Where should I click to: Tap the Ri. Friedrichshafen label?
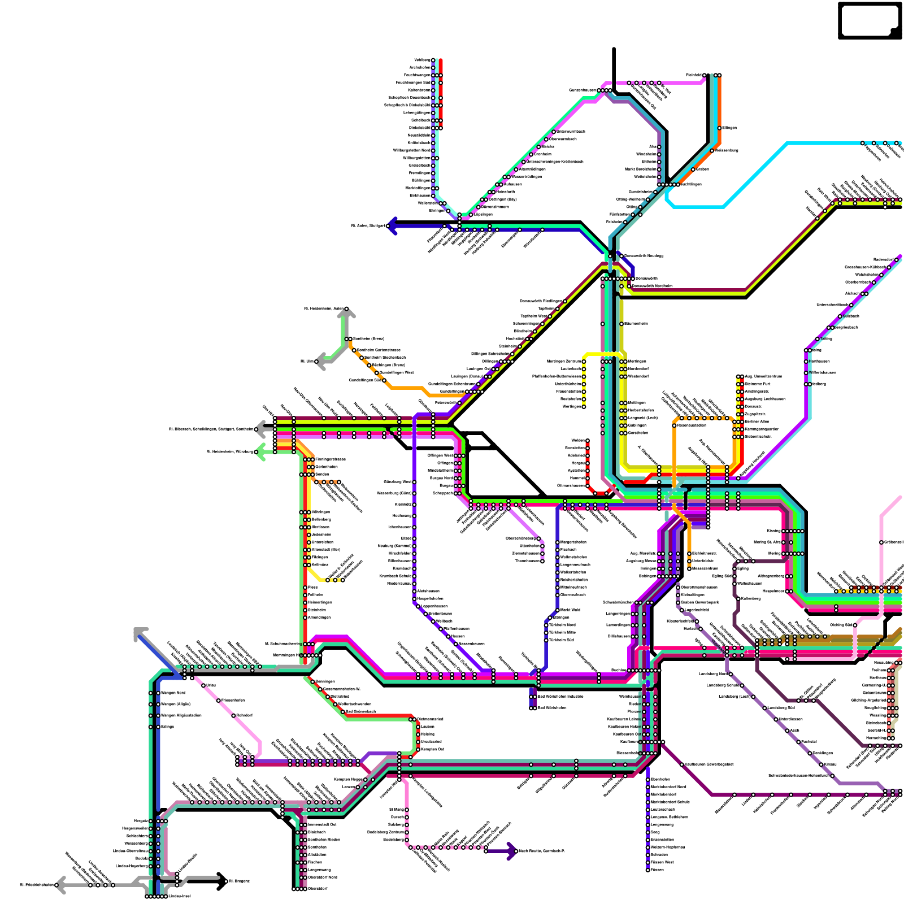click(37, 885)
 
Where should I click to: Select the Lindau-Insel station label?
click(179, 896)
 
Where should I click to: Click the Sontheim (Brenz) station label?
click(368, 338)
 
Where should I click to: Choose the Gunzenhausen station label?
click(583, 90)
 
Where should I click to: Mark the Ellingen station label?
click(729, 128)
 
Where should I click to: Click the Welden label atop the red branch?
click(577, 440)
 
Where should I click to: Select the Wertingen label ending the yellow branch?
click(572, 406)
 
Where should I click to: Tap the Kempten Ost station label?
click(433, 749)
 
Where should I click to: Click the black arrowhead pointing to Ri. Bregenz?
click(222, 881)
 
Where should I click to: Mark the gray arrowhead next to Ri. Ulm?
click(320, 361)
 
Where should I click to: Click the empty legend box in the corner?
click(870, 20)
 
